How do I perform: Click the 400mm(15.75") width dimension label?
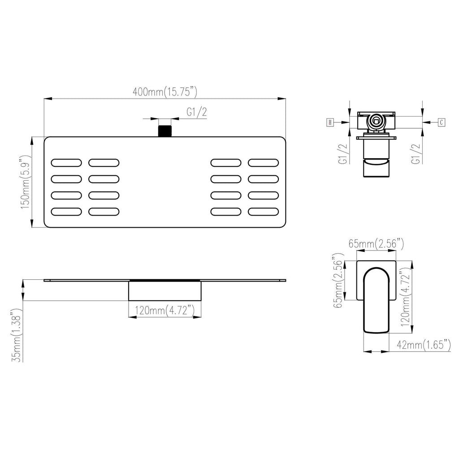(165, 91)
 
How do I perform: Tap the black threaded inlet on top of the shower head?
(165, 131)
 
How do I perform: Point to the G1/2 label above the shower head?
(197, 112)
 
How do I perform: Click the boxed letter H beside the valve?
(330, 122)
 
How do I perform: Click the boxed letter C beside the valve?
(442, 122)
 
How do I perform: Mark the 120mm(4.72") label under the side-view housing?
(165, 310)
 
